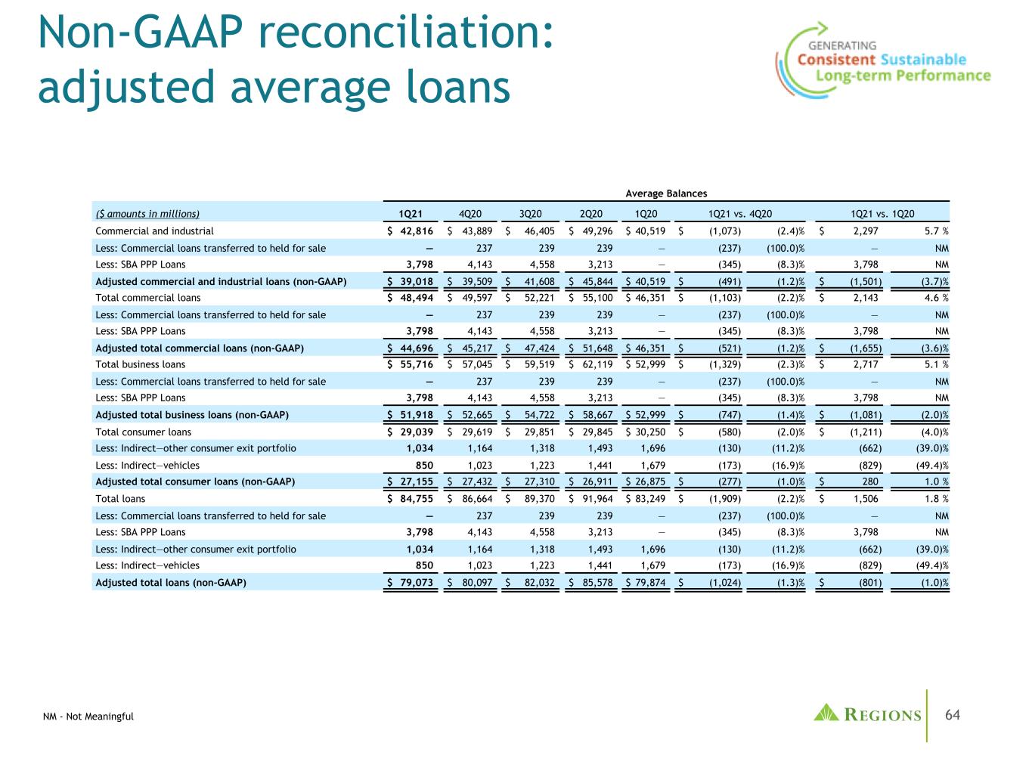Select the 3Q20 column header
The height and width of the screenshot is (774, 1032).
(534, 214)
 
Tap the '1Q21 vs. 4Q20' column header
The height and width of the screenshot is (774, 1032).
(739, 214)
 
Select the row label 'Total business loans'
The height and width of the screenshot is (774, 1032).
(141, 364)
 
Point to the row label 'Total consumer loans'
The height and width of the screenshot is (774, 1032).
(144, 432)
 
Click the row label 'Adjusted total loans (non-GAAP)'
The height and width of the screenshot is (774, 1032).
(171, 582)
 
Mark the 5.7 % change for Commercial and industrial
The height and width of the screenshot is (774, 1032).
(934, 231)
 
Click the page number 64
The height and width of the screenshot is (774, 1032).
(953, 715)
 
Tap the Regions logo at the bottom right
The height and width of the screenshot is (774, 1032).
(868, 714)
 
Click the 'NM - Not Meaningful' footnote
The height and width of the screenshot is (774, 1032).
(88, 717)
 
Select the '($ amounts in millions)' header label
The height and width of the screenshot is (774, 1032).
(147, 214)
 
